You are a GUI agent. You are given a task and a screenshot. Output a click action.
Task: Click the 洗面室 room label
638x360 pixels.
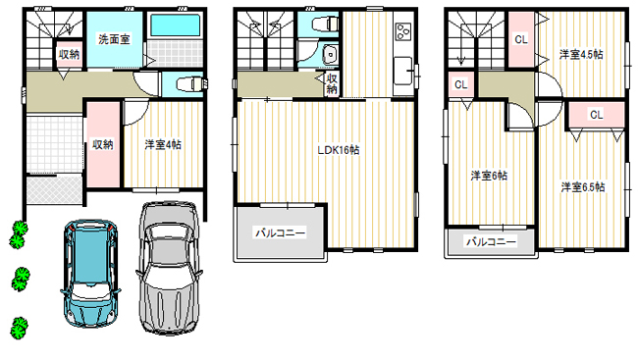click(x=114, y=39)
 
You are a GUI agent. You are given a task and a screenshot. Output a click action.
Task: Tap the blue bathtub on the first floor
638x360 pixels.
click(x=176, y=26)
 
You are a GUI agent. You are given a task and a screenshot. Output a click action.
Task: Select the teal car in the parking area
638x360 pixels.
click(x=90, y=273)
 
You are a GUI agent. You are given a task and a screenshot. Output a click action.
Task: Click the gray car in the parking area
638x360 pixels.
click(x=169, y=268)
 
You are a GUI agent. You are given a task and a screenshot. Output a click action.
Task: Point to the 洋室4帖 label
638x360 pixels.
click(x=163, y=144)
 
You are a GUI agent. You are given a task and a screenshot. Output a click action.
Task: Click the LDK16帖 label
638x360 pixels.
click(x=339, y=150)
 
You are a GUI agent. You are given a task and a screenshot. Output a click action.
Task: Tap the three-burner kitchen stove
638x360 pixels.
click(x=403, y=31)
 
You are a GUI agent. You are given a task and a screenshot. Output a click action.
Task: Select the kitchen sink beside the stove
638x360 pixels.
click(x=402, y=71)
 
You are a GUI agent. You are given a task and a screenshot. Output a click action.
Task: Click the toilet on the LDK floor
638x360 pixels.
click(x=325, y=24)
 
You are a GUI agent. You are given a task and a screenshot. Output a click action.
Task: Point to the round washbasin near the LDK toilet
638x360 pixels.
click(x=330, y=55)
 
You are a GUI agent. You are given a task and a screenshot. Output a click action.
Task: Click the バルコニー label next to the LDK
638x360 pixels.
click(x=281, y=232)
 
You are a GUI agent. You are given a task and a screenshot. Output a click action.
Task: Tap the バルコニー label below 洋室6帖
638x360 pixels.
click(x=491, y=241)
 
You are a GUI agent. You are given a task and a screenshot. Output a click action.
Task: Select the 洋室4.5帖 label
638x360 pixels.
click(x=581, y=55)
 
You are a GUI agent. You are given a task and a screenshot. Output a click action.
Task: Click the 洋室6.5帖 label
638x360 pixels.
click(x=583, y=187)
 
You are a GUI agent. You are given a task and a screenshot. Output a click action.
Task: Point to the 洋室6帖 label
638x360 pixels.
click(x=489, y=176)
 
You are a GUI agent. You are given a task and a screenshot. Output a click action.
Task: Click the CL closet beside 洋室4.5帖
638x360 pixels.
click(x=521, y=39)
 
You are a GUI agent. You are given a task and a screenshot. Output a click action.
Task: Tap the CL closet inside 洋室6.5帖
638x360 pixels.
click(x=597, y=115)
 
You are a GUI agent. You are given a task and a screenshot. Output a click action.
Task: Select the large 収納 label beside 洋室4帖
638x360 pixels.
click(x=102, y=144)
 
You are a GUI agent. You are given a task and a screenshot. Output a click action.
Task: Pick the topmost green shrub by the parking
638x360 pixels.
click(x=18, y=234)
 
